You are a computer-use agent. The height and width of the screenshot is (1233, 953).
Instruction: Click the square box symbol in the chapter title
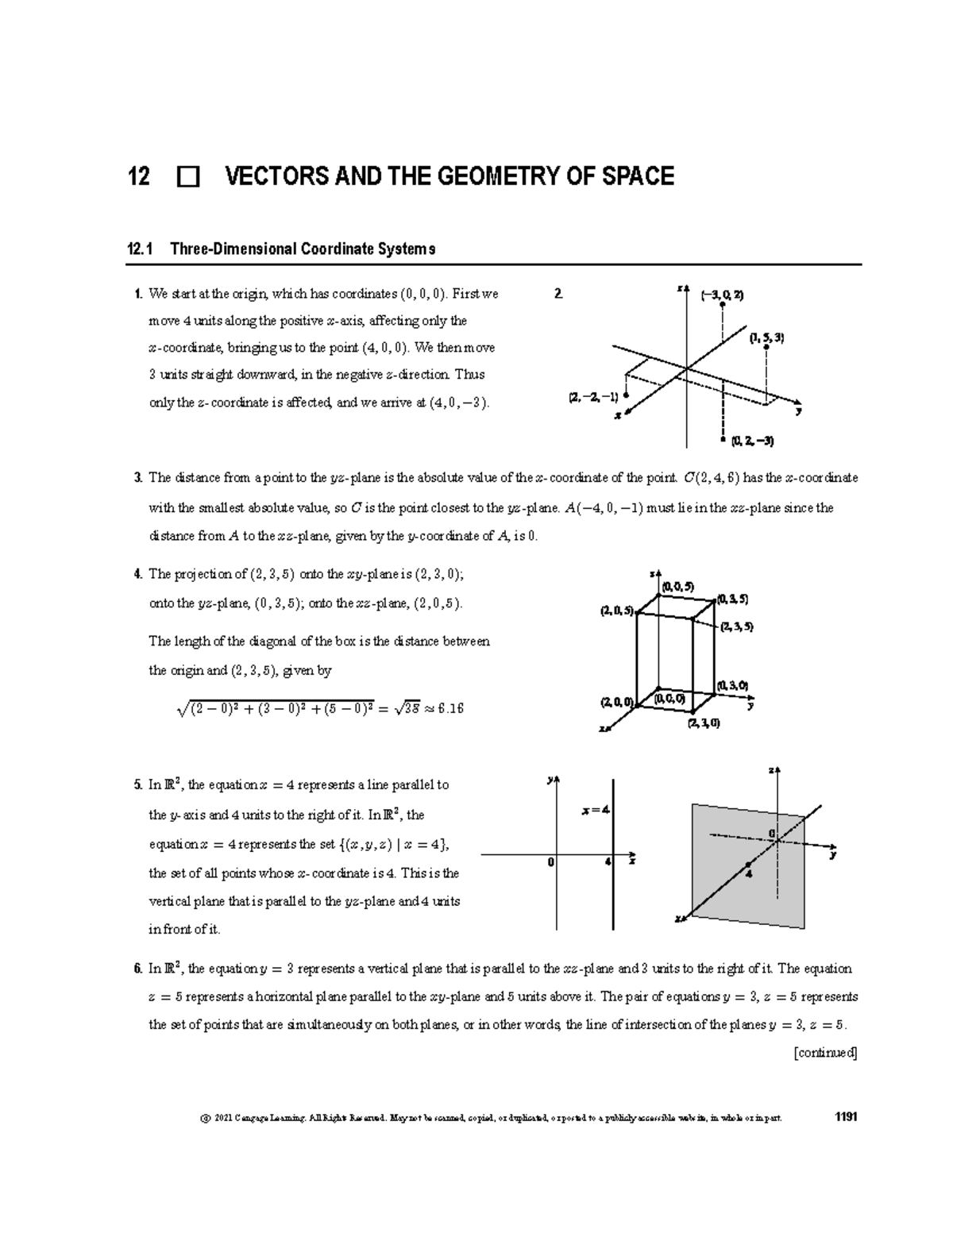pos(188,177)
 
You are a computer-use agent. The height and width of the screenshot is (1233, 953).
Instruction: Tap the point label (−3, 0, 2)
pos(722,295)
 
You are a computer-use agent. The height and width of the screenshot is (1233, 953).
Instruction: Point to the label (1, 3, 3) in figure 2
pos(766,337)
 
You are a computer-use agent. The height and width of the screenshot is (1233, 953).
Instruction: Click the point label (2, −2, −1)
pos(593,397)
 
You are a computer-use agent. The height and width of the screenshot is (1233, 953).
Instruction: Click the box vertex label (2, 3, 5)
pos(737,626)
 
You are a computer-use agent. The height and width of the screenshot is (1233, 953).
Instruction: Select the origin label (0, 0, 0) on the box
pos(669,699)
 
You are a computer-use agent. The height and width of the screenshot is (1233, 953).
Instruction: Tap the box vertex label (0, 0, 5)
pos(677,587)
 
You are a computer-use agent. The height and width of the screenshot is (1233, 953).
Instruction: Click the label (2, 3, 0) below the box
pos(704,723)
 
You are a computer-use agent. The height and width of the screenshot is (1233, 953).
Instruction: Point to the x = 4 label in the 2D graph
pos(595,811)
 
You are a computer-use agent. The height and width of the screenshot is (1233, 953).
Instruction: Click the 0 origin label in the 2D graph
pos(550,862)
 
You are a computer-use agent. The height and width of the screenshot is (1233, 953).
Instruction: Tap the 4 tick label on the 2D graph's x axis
pos(607,862)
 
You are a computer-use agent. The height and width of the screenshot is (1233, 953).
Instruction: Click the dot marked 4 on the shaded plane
pos(747,864)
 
